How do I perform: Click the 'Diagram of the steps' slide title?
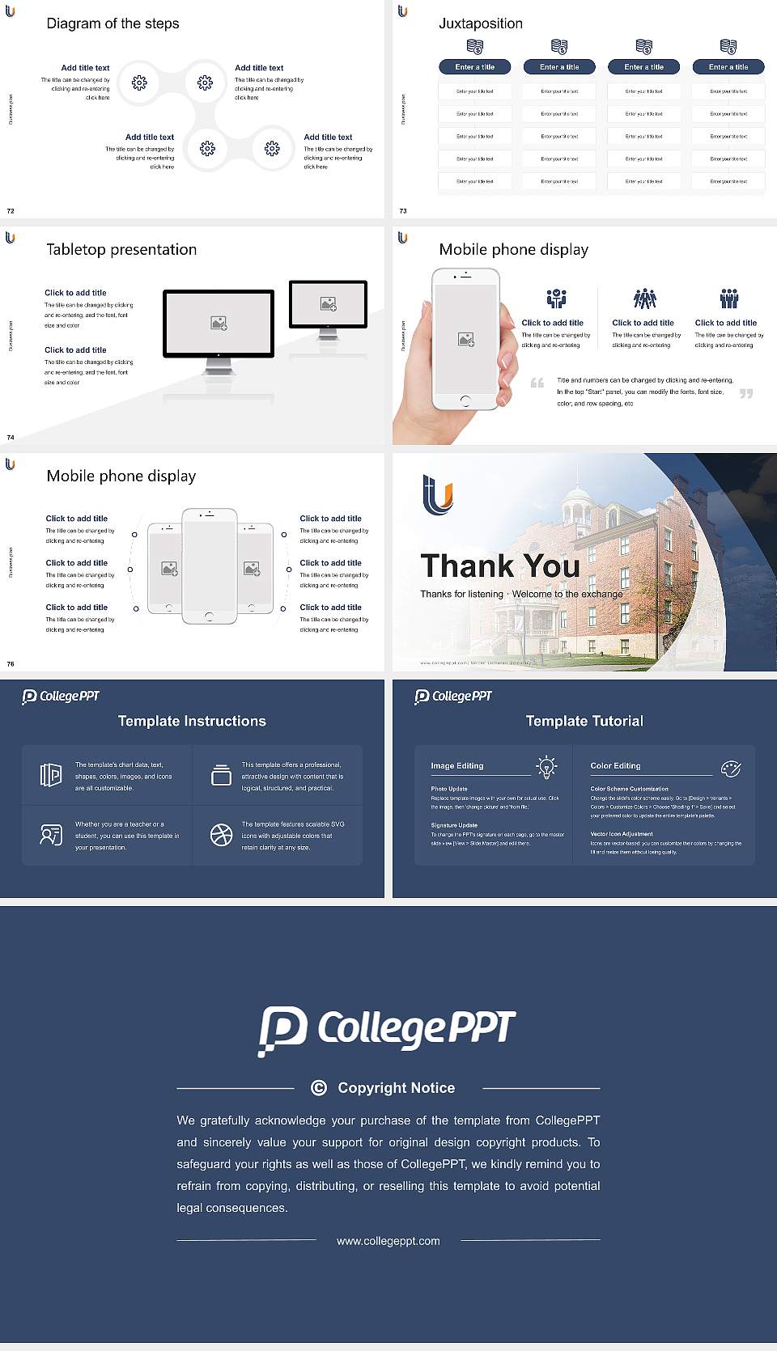[113, 23]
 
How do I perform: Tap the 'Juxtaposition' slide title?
[480, 23]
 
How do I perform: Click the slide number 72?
[11, 210]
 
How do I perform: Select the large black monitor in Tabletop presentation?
[219, 324]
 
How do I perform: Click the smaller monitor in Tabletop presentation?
[328, 304]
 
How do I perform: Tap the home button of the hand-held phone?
[465, 400]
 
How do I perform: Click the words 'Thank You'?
[499, 565]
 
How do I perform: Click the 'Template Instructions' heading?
[192, 721]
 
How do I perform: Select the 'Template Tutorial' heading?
[584, 721]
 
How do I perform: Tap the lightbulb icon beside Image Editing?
[546, 767]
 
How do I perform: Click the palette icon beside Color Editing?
[730, 769]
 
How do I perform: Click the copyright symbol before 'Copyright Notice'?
[319, 1088]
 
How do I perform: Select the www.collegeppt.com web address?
[388, 1241]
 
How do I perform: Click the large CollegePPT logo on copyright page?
[387, 1030]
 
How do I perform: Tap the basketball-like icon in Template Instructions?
[221, 835]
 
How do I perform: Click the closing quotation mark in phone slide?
[745, 393]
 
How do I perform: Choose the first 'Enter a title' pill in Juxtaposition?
[474, 67]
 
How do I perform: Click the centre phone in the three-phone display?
[209, 566]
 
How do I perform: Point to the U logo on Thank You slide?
[438, 495]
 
